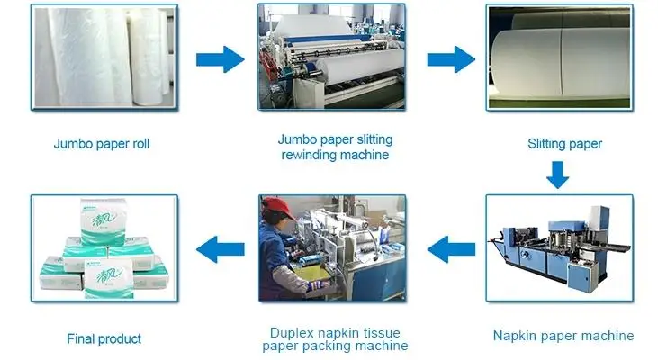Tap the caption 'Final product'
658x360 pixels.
[x=104, y=339]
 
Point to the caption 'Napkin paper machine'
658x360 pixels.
[x=563, y=337]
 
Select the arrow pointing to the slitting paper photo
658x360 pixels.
[x=450, y=60]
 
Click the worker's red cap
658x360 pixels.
[x=279, y=208]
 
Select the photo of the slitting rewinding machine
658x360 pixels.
[x=334, y=56]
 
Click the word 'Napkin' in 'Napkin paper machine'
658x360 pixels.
[x=514, y=337]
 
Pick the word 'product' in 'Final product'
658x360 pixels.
[x=120, y=339]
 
